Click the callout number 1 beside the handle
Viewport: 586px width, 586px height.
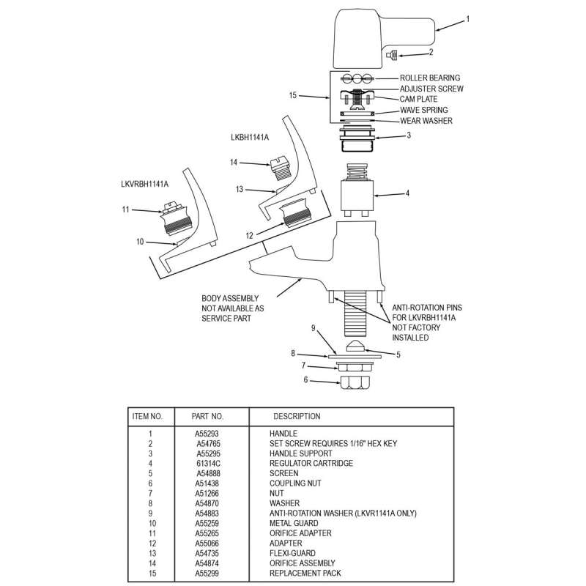tap(467, 20)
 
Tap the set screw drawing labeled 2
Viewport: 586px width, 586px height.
tap(393, 53)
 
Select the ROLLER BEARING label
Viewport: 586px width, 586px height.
tap(430, 78)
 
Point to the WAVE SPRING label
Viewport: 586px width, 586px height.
tap(424, 110)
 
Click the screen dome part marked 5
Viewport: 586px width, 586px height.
tap(355, 346)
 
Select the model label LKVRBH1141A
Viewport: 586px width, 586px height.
tap(145, 184)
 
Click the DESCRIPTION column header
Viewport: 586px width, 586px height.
tap(297, 416)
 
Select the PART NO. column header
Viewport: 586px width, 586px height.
tap(207, 416)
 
